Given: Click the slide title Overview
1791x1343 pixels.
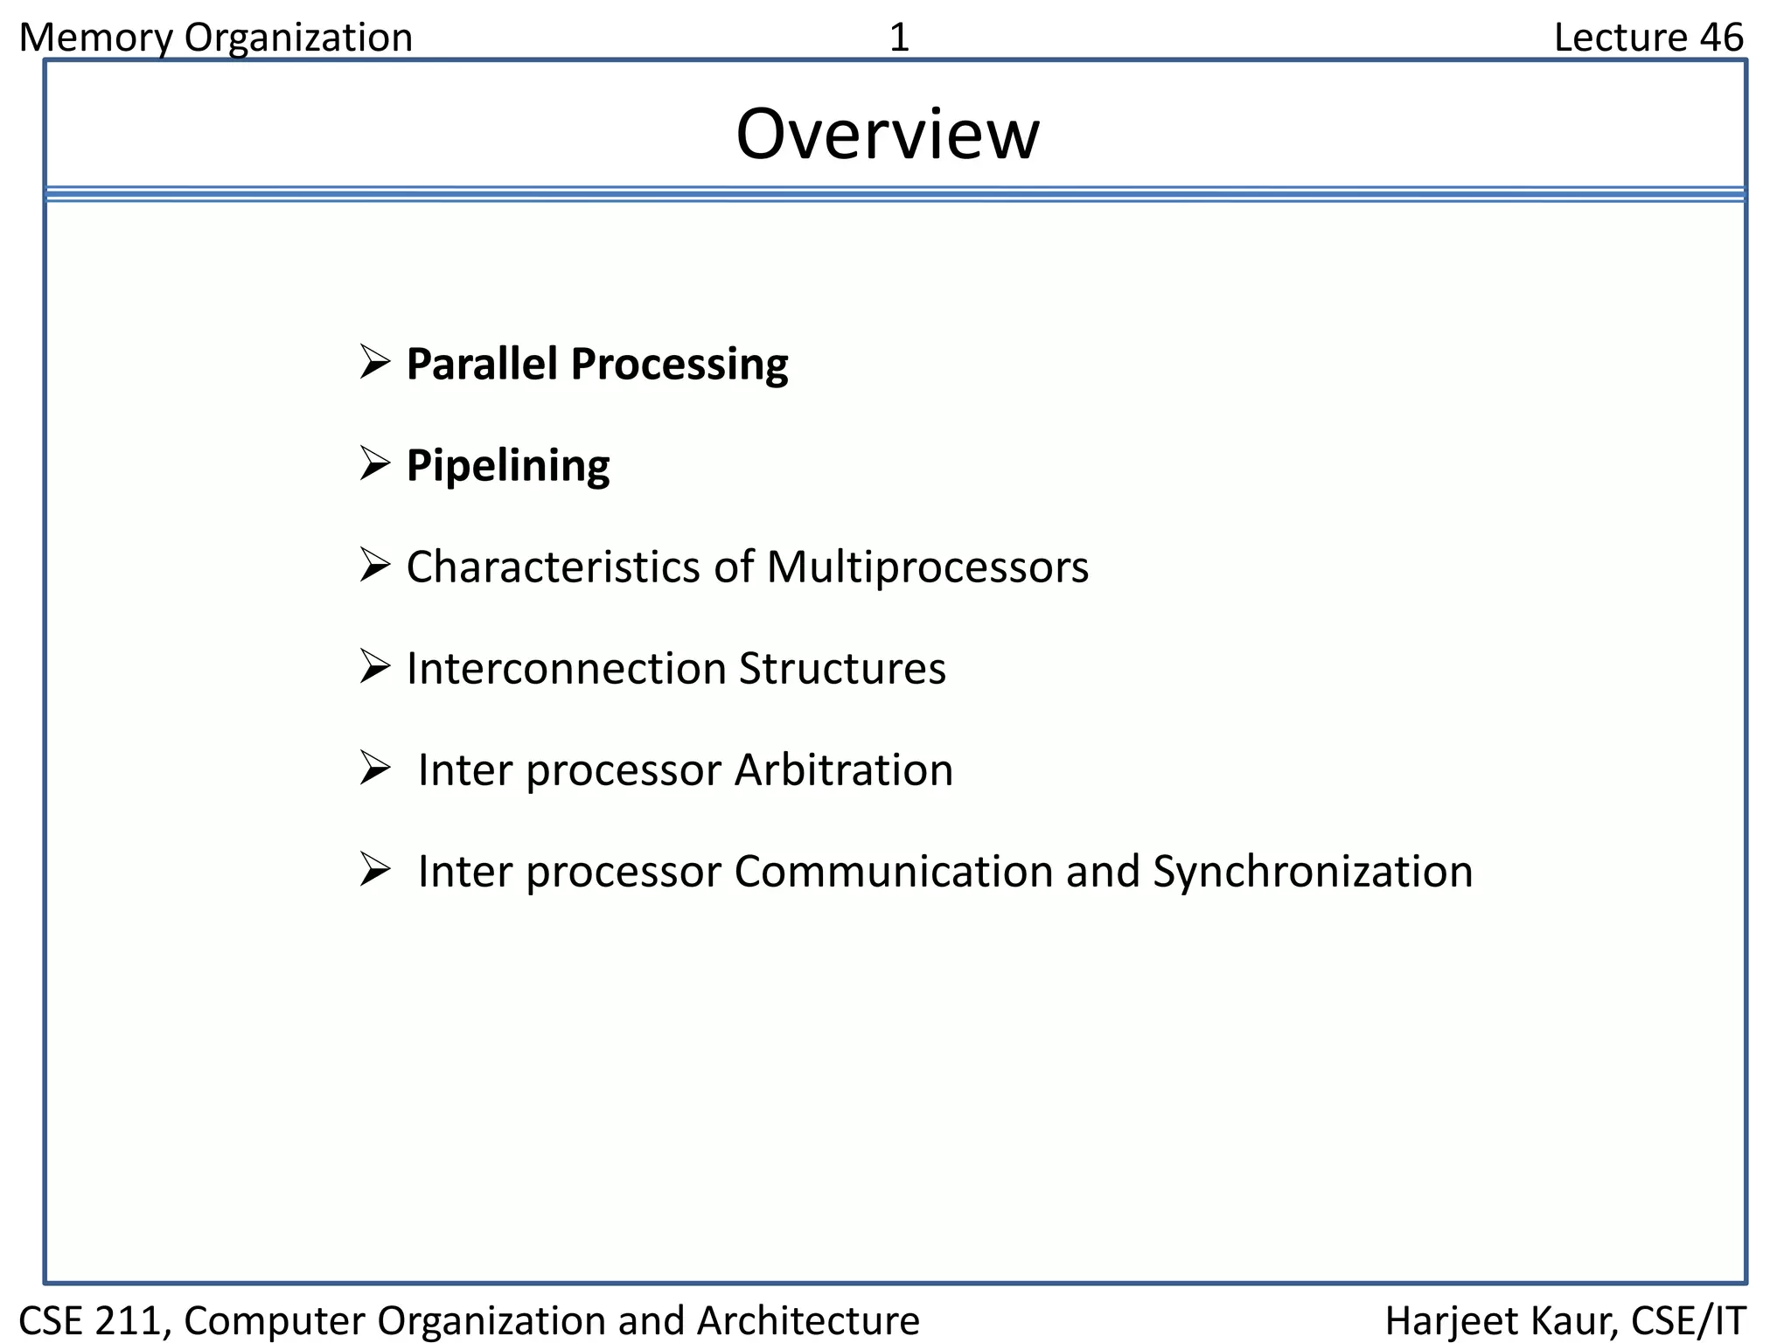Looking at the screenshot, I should click(x=888, y=135).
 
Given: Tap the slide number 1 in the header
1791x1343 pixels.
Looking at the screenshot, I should click(x=899, y=38).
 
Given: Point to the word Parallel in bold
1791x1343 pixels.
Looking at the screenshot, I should click(x=482, y=364).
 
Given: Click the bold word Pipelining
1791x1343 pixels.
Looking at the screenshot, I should click(x=508, y=465).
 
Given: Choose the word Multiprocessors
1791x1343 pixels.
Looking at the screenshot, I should click(x=927, y=567).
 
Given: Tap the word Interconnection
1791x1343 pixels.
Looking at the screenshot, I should click(x=567, y=669).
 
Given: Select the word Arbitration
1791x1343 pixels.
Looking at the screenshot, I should click(x=843, y=770).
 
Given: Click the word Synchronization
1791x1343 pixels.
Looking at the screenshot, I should click(x=1312, y=872).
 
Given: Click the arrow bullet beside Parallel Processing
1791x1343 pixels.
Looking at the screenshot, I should click(x=374, y=362).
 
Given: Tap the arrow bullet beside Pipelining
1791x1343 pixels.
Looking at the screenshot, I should click(x=374, y=463).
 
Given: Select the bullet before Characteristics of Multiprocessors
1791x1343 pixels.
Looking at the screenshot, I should click(x=374, y=566).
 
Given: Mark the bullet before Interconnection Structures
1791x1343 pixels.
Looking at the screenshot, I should click(x=374, y=667).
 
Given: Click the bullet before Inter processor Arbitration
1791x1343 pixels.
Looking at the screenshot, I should click(x=374, y=769).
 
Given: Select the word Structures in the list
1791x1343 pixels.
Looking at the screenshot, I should click(x=842, y=669).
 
